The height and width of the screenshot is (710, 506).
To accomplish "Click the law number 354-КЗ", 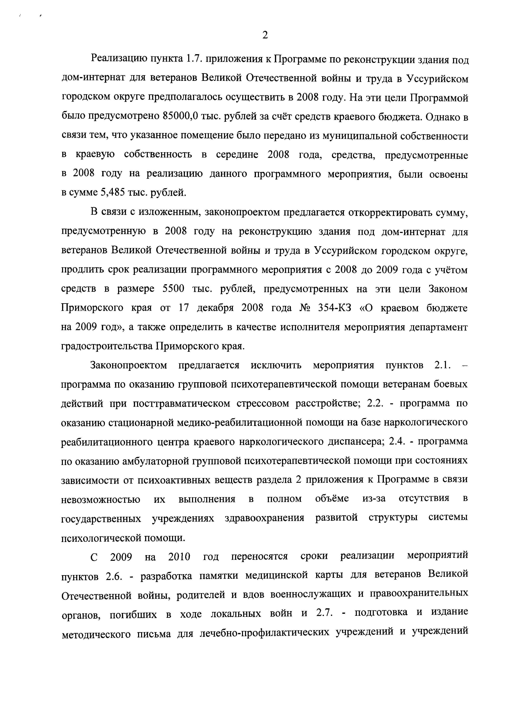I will pos(334,308).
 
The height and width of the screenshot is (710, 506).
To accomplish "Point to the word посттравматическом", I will pos(181,404).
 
